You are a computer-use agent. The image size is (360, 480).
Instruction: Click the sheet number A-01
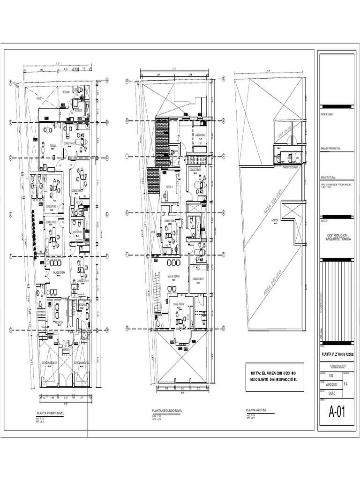pyautogui.click(x=337, y=412)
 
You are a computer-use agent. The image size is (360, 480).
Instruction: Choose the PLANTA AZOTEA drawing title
pyautogui.click(x=256, y=410)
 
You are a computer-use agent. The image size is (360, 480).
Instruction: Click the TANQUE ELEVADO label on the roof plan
pyautogui.click(x=291, y=166)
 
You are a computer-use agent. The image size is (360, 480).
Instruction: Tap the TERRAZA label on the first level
pyautogui.click(x=53, y=146)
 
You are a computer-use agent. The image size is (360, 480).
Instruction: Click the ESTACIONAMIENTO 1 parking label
pyautogui.click(x=50, y=362)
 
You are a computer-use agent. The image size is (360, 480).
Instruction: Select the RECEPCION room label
pyautogui.click(x=59, y=322)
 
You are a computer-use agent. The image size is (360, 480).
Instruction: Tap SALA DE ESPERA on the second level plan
pyautogui.click(x=173, y=277)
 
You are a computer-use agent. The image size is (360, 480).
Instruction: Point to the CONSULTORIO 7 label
pyautogui.click(x=198, y=278)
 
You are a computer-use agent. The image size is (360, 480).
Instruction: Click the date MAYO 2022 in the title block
pyautogui.click(x=330, y=385)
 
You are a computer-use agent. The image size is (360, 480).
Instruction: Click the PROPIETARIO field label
pyautogui.click(x=327, y=114)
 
